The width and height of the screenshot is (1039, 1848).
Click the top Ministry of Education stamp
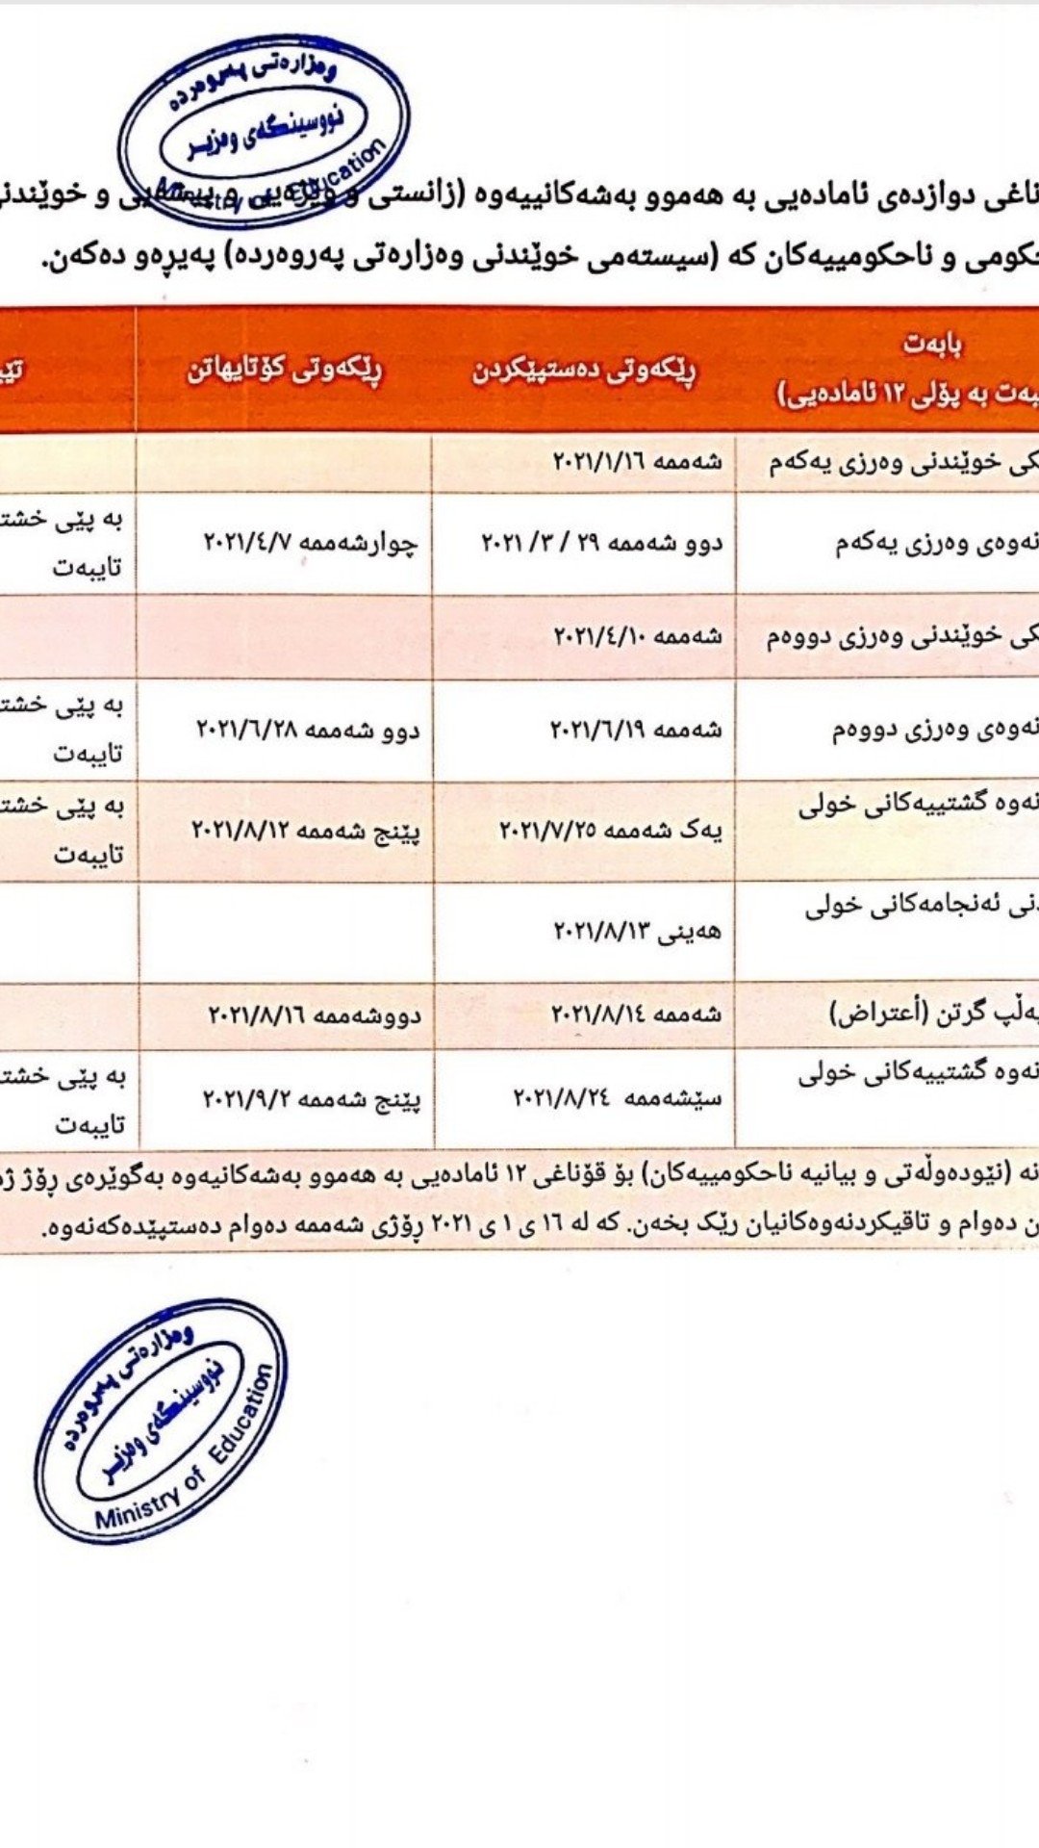[x=265, y=125]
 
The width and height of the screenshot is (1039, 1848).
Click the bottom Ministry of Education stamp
[x=160, y=1421]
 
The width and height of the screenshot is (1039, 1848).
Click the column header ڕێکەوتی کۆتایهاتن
[x=285, y=371]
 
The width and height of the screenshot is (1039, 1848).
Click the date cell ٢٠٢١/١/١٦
[x=637, y=462]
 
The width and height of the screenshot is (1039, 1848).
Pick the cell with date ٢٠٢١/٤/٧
[x=310, y=543]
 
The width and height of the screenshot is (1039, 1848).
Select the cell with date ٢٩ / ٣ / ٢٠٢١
[x=601, y=543]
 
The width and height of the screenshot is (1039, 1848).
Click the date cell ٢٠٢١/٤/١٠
[x=637, y=636]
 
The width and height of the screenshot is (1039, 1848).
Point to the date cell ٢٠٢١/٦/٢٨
[x=308, y=730]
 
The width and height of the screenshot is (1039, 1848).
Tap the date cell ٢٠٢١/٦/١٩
[x=635, y=730]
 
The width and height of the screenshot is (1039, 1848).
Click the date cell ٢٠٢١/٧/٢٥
[x=610, y=829]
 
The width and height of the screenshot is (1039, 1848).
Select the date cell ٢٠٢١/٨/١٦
[x=315, y=1014]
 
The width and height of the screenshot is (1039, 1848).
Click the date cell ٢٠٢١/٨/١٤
[x=635, y=1014]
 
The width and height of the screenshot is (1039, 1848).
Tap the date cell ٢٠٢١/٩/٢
[x=312, y=1097]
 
